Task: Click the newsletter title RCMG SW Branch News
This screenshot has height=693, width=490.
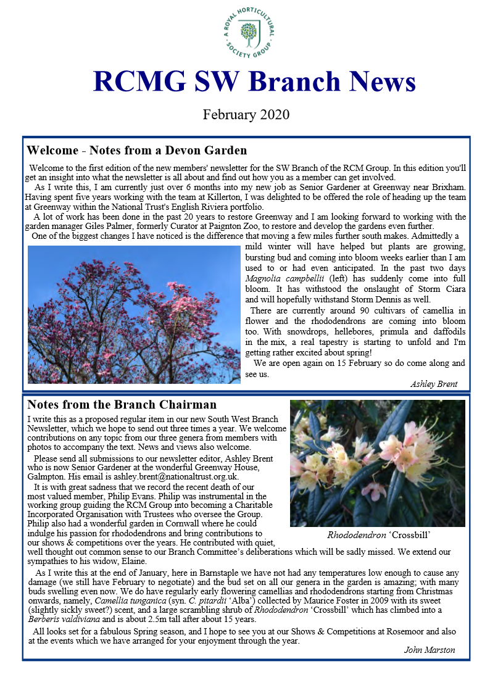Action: (254, 82)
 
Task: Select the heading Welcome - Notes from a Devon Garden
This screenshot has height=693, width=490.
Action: (136, 150)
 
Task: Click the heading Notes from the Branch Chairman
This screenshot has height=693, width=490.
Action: (122, 405)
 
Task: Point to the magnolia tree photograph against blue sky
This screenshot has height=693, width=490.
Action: (134, 315)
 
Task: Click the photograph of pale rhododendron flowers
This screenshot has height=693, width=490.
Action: (377, 463)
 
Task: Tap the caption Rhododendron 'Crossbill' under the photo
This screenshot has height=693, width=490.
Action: (378, 534)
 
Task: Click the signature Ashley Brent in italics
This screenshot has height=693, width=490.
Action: (434, 384)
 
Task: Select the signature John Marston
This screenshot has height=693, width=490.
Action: (430, 650)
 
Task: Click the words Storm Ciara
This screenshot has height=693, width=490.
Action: (441, 289)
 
